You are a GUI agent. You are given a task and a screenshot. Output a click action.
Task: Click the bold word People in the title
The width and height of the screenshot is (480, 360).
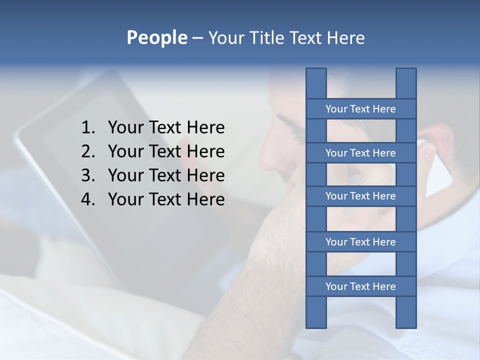point(156,37)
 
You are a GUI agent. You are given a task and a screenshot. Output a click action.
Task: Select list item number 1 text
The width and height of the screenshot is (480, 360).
point(166,127)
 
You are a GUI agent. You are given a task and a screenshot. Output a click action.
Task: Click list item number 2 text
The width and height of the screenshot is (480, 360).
point(166,151)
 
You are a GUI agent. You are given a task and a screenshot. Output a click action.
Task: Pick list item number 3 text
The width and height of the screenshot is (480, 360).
point(166,175)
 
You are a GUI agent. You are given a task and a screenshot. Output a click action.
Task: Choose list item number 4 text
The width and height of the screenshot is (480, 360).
point(166,199)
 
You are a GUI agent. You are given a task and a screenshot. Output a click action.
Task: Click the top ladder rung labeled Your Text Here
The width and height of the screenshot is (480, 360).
point(360,109)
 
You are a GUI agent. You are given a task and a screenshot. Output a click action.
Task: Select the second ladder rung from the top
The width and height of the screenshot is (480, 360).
point(360,153)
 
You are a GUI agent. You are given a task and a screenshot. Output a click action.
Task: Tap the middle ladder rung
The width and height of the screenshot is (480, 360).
point(360,196)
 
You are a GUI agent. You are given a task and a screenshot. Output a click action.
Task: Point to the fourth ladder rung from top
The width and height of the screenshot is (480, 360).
point(360,242)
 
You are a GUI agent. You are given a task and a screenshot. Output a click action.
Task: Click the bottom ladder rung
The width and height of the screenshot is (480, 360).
point(360,286)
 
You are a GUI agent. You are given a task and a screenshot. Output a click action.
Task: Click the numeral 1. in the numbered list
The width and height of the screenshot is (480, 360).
point(88,127)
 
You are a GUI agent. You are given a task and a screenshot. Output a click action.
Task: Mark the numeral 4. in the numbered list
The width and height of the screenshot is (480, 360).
point(88,199)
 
